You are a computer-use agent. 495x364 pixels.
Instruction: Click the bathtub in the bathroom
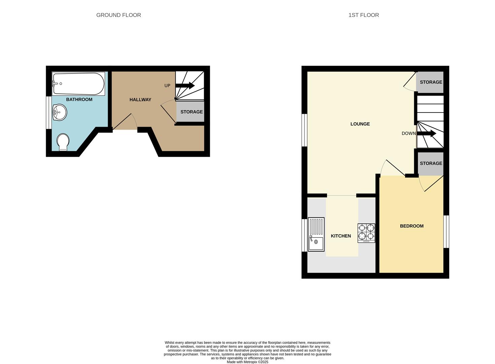[78, 84]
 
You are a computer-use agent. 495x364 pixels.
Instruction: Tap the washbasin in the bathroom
[60, 112]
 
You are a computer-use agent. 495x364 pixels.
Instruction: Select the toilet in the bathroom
[63, 142]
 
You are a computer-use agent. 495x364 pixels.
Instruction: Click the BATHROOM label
[79, 99]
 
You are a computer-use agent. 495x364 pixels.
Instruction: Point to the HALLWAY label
[140, 99]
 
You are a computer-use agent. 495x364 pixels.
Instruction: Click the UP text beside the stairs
[167, 86]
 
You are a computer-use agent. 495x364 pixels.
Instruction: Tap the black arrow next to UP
[185, 86]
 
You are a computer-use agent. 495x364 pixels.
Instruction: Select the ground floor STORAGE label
[192, 112]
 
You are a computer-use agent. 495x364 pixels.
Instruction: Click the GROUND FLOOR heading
[119, 15]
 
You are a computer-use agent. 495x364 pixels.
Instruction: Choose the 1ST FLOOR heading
[364, 15]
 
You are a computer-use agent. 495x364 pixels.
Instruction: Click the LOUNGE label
[360, 124]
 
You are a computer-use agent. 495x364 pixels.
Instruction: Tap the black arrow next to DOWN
[427, 134]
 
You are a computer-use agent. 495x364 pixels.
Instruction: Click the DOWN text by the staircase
[408, 133]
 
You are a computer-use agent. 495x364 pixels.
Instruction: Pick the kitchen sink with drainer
[316, 234]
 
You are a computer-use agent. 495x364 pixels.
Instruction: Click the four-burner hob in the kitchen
[366, 233]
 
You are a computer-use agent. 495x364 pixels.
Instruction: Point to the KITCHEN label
[341, 236]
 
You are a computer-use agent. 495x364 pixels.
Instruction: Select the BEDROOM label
[411, 226]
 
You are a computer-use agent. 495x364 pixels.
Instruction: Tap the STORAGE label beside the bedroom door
[431, 163]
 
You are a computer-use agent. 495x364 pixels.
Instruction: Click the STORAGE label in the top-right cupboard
[431, 82]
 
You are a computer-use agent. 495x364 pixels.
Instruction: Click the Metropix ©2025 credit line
[247, 362]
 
